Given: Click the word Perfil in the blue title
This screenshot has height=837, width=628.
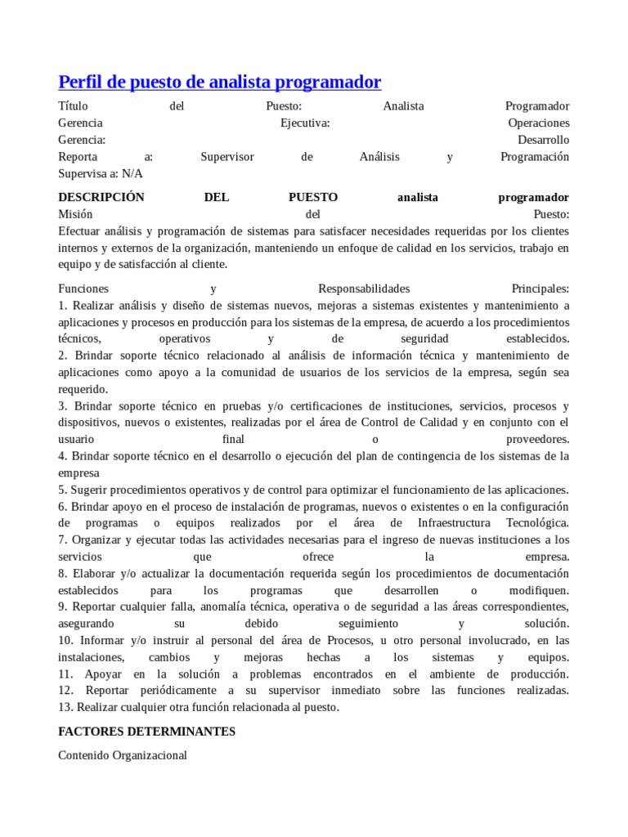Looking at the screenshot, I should (x=80, y=82).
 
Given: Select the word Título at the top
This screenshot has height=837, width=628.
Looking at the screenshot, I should (x=74, y=106).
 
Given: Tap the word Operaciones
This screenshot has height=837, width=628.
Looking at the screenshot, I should (x=539, y=123).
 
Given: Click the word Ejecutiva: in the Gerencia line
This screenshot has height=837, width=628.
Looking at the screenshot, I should (x=305, y=123).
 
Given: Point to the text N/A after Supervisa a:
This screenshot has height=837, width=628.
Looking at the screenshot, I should (x=132, y=173).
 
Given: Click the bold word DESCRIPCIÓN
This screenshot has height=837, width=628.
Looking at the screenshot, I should (x=101, y=198).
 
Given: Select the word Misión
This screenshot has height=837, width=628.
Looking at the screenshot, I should (x=76, y=214).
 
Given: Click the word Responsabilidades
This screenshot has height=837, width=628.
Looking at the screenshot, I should (x=364, y=289).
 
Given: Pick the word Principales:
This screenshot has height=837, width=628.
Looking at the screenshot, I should (x=540, y=289).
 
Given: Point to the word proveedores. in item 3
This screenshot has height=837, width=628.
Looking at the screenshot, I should (x=537, y=439).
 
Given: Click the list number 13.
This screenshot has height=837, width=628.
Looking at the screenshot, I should (x=65, y=707).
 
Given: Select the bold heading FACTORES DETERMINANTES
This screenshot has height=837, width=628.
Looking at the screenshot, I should (x=147, y=732).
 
